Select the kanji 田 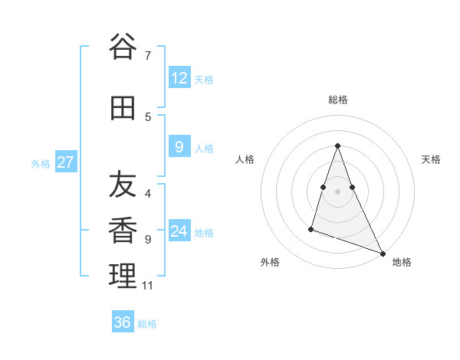pyautogui.click(x=123, y=108)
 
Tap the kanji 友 pyautogui.click(x=123, y=185)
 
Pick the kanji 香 pyautogui.click(x=123, y=231)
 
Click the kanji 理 pyautogui.click(x=123, y=277)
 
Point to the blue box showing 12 pyautogui.click(x=179, y=78)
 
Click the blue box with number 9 pyautogui.click(x=179, y=147)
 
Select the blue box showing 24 pyautogui.click(x=179, y=231)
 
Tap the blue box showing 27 pyautogui.click(x=66, y=162)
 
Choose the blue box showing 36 pyautogui.click(x=123, y=322)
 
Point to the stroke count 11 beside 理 pyautogui.click(x=147, y=286)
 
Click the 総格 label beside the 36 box pyautogui.click(x=147, y=324)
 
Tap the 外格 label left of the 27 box pyautogui.click(x=41, y=163)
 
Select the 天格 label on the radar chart pyautogui.click(x=431, y=159)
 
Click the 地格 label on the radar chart pyautogui.click(x=402, y=262)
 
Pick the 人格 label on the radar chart pyautogui.click(x=245, y=159)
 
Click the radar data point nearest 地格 pyautogui.click(x=383, y=253)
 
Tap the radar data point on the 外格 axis pyautogui.click(x=311, y=228)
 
